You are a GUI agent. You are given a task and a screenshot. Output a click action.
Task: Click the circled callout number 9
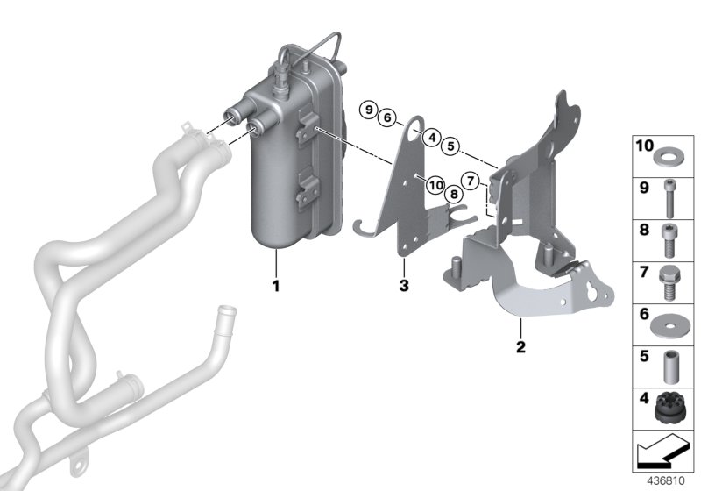coord(370,110)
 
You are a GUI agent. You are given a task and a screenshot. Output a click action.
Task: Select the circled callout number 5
coord(450,146)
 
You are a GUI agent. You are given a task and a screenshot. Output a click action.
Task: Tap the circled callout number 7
coord(471,181)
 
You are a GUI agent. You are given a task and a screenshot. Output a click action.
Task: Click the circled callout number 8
coord(452,194)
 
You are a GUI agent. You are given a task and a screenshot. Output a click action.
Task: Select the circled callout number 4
coord(431,136)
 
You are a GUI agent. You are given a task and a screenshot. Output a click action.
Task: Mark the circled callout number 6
coord(388,117)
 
